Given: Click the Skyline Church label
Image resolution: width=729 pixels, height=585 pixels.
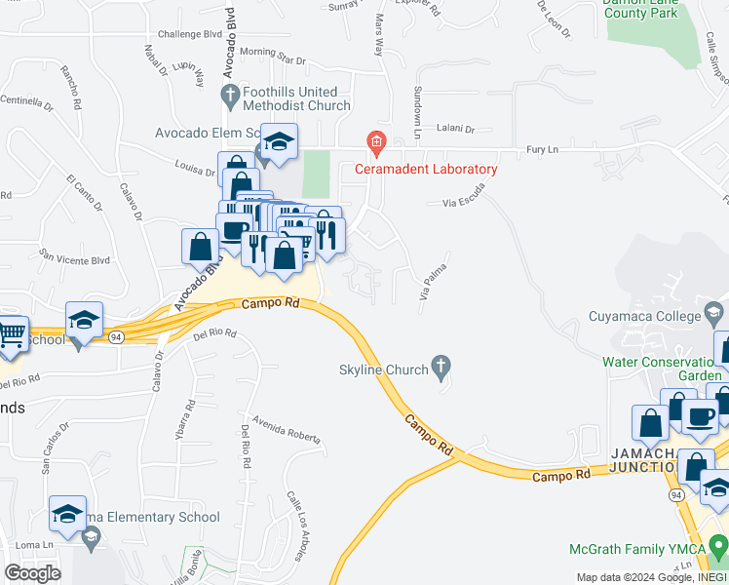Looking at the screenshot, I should pos(383,370).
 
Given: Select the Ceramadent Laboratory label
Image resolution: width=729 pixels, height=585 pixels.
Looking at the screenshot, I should pos(425,169).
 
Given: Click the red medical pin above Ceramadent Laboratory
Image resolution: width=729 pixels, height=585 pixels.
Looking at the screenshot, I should pos(375,144).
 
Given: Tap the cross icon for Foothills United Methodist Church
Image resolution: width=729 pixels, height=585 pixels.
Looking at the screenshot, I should pos(230,96).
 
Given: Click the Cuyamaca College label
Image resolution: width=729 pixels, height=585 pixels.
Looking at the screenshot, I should pos(644,316).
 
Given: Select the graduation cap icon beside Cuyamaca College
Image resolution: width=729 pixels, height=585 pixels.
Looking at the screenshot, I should pos(713,315).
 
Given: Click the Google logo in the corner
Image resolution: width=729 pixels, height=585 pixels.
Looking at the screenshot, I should pos(31,572).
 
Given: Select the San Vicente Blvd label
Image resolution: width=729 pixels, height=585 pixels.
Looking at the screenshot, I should pos(74,258).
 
